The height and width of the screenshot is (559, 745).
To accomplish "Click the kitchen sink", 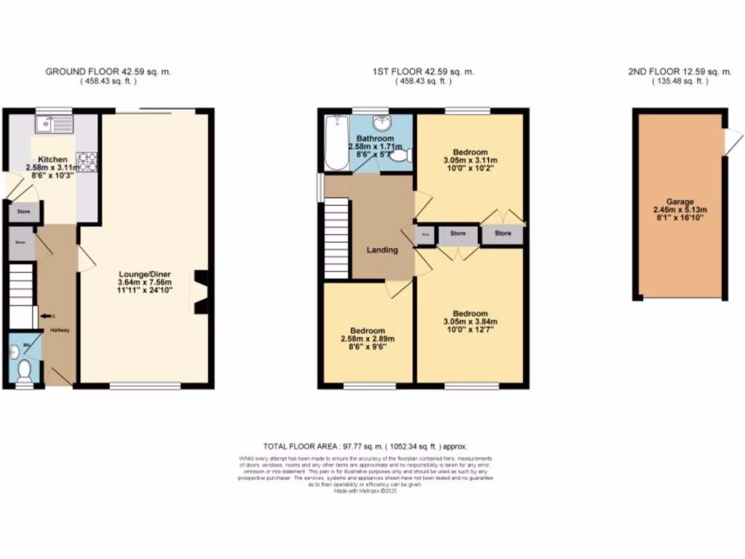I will tap(56, 124).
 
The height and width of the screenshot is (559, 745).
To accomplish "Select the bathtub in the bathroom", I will tap(336, 143).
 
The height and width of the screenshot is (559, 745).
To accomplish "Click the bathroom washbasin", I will tap(381, 122).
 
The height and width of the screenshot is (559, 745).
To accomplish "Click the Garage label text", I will tap(680, 202).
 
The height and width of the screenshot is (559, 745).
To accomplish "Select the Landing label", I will tap(382, 250).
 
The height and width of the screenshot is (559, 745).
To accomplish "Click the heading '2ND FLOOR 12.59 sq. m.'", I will tap(680, 72).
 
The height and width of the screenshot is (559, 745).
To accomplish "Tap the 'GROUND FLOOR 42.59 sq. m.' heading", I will tap(108, 72).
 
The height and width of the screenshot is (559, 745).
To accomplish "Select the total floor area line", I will tap(365, 445).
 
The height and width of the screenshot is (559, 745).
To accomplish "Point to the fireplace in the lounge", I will tap(200, 292).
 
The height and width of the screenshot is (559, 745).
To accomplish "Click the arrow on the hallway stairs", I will tap(47, 316).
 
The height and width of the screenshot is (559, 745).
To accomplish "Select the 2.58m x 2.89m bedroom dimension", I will tap(367, 338).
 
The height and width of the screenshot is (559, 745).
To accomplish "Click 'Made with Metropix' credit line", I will tap(365, 491).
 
